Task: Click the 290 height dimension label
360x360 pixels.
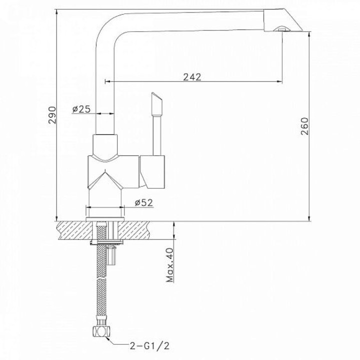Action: tap(52, 115)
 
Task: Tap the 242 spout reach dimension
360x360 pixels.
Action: tap(192, 77)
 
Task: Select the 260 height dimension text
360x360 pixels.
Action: tap(304, 126)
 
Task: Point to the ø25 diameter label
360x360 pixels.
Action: tap(81, 109)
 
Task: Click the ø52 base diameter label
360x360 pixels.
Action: tap(143, 202)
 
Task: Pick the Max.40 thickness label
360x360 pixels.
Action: tap(170, 265)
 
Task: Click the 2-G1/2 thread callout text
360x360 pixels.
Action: tap(149, 345)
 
